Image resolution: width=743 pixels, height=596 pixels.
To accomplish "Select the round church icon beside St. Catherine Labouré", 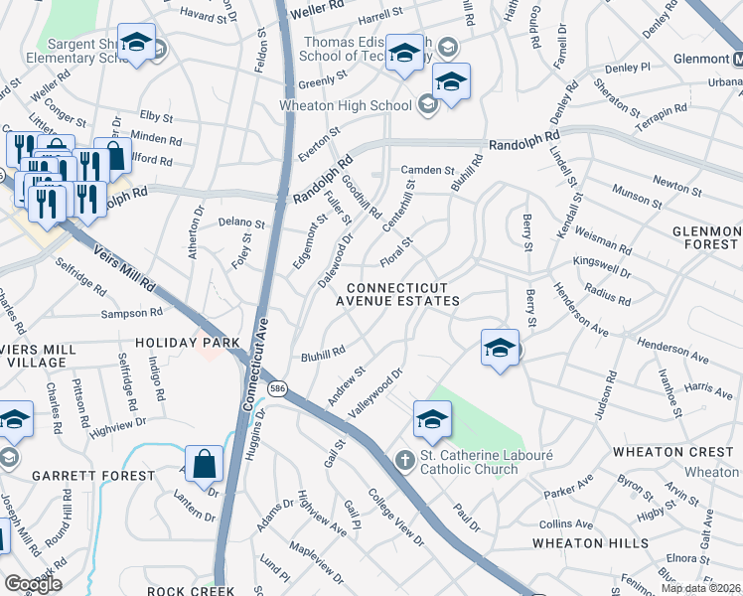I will point(404,460).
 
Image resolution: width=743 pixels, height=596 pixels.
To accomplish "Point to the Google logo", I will point(33,583).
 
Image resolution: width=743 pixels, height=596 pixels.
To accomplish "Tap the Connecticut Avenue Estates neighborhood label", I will point(396,293).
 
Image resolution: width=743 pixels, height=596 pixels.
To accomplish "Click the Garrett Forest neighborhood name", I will point(93,476).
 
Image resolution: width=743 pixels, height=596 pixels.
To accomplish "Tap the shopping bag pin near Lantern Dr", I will point(204,464).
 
